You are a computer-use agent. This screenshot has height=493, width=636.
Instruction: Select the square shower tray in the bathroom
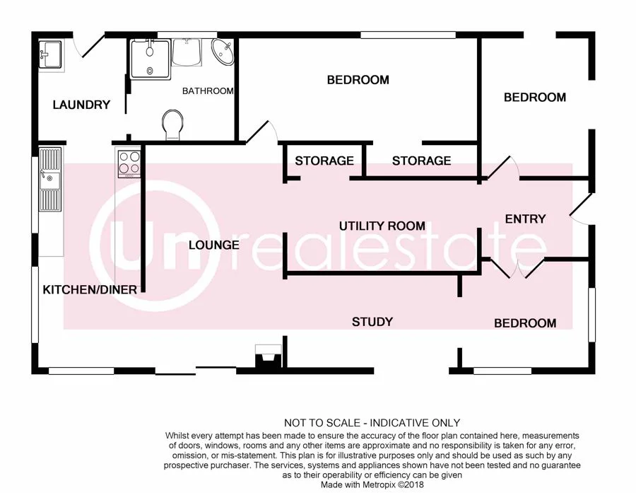tap(149, 58)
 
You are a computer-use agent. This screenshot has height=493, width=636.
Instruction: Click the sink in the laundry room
tap(49, 54)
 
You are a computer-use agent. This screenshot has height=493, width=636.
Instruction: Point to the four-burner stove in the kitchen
tap(129, 163)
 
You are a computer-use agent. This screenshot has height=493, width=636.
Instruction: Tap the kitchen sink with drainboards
tap(50, 180)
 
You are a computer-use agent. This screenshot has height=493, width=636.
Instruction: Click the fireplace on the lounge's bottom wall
tap(268, 356)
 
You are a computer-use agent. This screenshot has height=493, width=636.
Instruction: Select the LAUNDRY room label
tap(82, 105)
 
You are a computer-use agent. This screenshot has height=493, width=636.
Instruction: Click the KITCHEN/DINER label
tap(85, 289)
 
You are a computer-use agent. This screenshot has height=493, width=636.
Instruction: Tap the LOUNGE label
tap(213, 245)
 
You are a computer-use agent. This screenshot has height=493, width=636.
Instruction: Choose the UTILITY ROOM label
tap(382, 226)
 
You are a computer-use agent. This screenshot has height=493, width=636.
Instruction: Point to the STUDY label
tap(372, 322)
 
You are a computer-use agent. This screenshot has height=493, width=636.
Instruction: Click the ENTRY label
tap(525, 219)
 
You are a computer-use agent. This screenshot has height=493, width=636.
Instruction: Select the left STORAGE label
tap(324, 161)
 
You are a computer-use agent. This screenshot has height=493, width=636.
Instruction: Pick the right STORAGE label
tap(421, 161)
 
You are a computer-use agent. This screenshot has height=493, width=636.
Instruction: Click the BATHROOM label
tap(208, 91)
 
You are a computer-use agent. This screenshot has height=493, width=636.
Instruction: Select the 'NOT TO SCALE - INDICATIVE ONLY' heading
tap(372, 423)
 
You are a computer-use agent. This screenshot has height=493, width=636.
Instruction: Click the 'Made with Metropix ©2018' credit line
tap(372, 485)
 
